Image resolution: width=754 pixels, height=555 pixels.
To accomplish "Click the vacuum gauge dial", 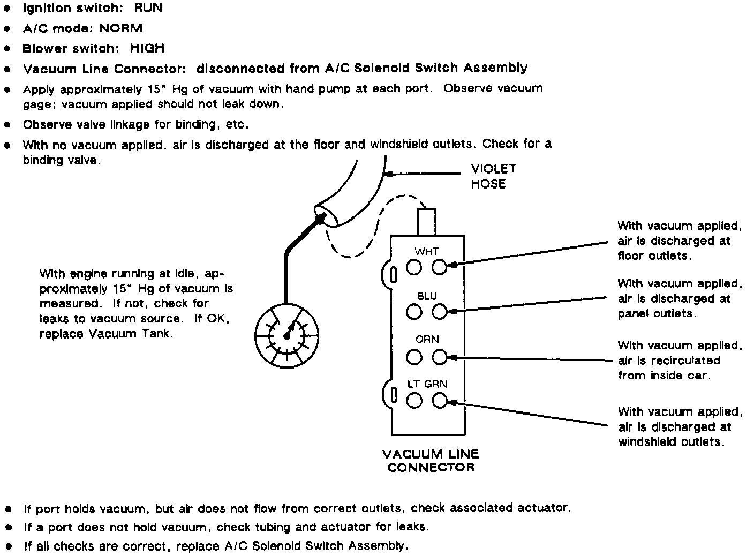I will point(286,334).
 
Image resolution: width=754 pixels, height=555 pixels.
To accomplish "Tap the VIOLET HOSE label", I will point(493,176).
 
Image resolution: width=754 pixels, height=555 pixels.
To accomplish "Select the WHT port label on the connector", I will point(426,251).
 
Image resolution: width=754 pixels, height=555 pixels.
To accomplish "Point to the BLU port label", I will point(426,296).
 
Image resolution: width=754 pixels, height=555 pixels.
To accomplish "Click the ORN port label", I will point(427,340).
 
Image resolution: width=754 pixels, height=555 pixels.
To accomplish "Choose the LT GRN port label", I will point(427,384).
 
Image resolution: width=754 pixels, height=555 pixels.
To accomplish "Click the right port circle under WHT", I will point(440,267).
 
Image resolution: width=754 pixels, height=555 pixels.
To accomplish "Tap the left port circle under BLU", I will point(413,311).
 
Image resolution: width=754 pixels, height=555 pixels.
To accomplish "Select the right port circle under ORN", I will point(440,356).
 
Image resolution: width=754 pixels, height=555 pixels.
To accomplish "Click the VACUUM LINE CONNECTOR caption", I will point(431,461).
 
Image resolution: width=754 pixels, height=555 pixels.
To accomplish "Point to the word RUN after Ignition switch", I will point(148,8).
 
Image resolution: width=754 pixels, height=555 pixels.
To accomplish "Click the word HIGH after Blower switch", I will point(147,48).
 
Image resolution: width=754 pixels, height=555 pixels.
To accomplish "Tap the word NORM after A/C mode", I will point(121,28).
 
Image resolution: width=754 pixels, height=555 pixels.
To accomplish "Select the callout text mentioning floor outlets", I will point(679,241).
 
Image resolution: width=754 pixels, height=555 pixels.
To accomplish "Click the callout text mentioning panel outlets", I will point(679,298).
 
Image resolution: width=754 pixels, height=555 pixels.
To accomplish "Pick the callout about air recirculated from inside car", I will point(679,360).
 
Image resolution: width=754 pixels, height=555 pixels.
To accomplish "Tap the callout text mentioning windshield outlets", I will point(679,427).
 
